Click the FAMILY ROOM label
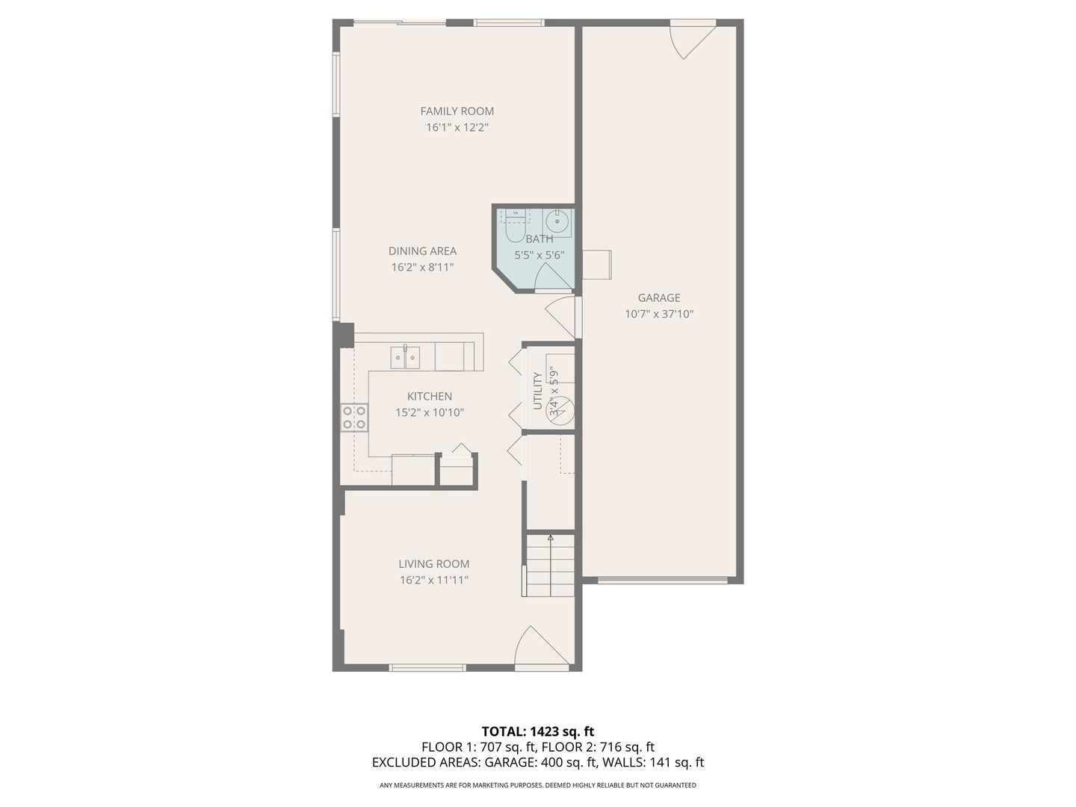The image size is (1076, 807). pyautogui.click(x=457, y=111)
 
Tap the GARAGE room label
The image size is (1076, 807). pyautogui.click(x=658, y=298)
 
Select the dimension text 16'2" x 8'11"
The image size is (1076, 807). pyautogui.click(x=422, y=268)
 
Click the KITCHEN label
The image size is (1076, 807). pyautogui.click(x=429, y=397)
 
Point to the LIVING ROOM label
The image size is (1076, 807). pyautogui.click(x=433, y=564)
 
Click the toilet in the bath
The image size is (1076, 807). pyautogui.click(x=515, y=226)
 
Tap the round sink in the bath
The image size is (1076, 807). pyautogui.click(x=557, y=222)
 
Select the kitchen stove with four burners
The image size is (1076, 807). pyautogui.click(x=354, y=418)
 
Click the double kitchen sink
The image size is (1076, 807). pyautogui.click(x=404, y=357)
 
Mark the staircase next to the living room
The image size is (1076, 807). pyautogui.click(x=551, y=565)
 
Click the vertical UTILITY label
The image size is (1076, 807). pyautogui.click(x=537, y=390)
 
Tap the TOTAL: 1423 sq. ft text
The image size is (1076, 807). pyautogui.click(x=537, y=732)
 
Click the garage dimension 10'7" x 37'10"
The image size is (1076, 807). pyautogui.click(x=658, y=315)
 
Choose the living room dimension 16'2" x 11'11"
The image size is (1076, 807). pyautogui.click(x=433, y=581)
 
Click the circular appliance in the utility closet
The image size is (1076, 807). pyautogui.click(x=560, y=410)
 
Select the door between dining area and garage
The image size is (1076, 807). pyautogui.click(x=562, y=317)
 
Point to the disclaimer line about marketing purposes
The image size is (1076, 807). pyautogui.click(x=537, y=785)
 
